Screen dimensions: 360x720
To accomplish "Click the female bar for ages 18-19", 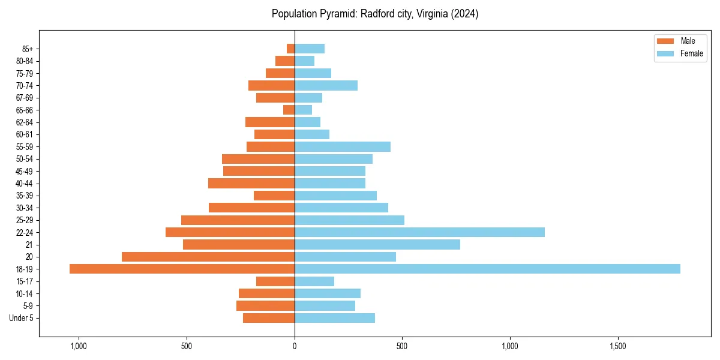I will click(x=487, y=269).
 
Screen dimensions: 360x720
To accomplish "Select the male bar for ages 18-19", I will click(x=182, y=269).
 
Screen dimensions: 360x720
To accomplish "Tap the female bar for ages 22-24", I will click(x=419, y=232).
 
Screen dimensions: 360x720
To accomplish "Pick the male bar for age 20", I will click(x=208, y=257).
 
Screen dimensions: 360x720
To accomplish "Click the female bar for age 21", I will click(x=377, y=244).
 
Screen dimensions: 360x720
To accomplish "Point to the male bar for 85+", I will click(x=290, y=49).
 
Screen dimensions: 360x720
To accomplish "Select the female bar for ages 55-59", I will click(x=343, y=146).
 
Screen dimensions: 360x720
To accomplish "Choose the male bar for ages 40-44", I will click(x=251, y=183).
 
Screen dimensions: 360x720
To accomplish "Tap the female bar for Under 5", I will click(x=335, y=318).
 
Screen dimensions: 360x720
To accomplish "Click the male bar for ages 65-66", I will click(x=289, y=110).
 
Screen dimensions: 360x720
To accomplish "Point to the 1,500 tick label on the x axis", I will click(x=617, y=347).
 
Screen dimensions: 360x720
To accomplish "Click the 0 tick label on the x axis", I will click(x=295, y=347).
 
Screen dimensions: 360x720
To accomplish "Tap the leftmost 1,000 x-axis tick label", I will click(x=79, y=347).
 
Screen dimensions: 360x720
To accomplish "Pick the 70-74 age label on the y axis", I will click(x=25, y=85).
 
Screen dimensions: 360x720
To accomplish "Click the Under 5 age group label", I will click(x=22, y=318).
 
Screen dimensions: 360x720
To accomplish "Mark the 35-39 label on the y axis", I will click(x=25, y=196).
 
